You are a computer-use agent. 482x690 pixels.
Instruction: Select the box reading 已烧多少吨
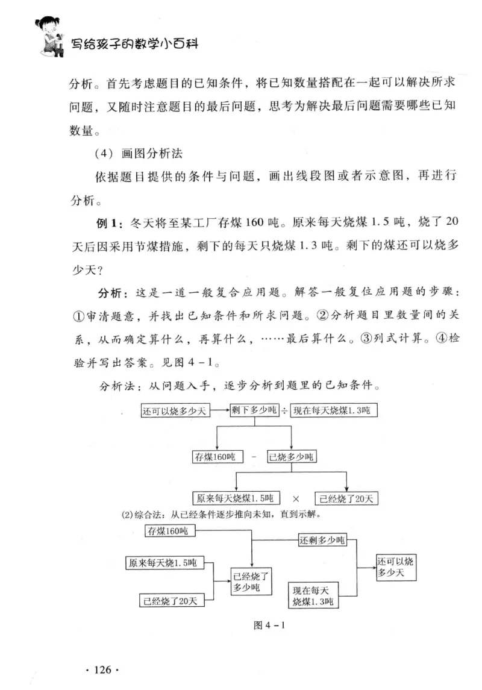[x=292, y=457]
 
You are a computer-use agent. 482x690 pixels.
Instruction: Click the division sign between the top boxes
[x=284, y=411]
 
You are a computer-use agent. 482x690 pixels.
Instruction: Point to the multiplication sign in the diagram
[x=296, y=499]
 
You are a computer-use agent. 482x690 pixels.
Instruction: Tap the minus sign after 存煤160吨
[x=254, y=457]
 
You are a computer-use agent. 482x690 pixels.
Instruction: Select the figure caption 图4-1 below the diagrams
[x=269, y=625]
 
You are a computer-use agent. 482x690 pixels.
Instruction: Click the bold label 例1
[x=110, y=222]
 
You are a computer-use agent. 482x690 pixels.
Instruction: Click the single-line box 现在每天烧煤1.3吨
[x=334, y=411]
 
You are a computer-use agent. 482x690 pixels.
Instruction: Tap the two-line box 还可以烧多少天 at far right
[x=395, y=568]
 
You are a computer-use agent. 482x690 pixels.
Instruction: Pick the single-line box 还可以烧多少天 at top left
[x=175, y=412]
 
